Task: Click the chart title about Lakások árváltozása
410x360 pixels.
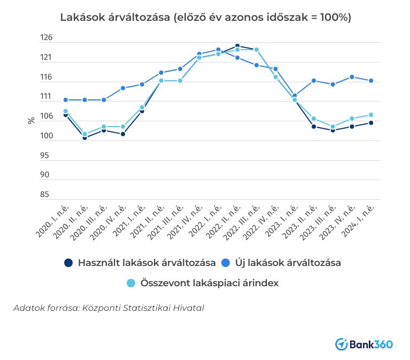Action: (x=205, y=17)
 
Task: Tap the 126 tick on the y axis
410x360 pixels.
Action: (x=47, y=38)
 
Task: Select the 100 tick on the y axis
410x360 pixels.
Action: (x=47, y=136)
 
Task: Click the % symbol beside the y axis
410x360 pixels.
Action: (x=31, y=120)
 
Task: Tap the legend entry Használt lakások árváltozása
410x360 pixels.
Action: (x=140, y=263)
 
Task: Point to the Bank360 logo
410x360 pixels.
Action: (x=363, y=344)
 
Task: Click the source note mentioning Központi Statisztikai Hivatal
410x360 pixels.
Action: (x=109, y=308)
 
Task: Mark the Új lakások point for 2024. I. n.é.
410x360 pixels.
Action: (x=371, y=81)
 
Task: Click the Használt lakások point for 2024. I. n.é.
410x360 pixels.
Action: (x=371, y=123)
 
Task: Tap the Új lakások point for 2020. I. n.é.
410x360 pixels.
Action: (x=66, y=100)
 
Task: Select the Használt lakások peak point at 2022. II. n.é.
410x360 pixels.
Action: (x=237, y=46)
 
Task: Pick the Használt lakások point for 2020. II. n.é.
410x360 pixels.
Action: (x=84, y=138)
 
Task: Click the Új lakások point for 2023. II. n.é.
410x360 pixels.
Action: (x=314, y=81)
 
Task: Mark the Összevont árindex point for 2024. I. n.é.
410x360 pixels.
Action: (x=371, y=115)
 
